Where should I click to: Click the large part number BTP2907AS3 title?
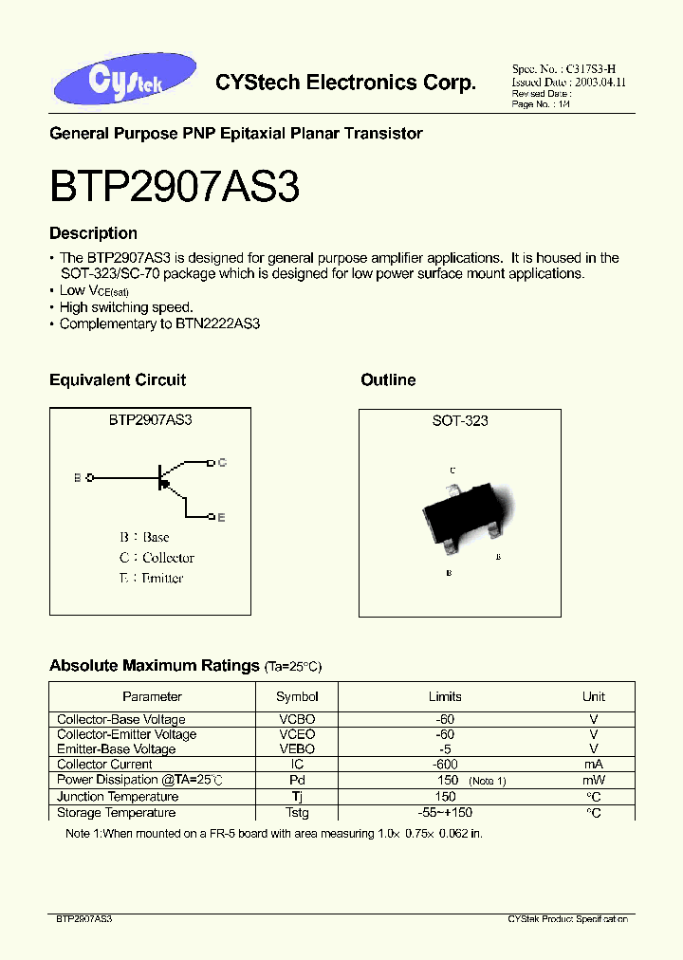coord(175,189)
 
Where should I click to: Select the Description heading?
coord(93,233)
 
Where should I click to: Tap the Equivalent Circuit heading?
coord(118,380)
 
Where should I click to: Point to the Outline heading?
coord(388,380)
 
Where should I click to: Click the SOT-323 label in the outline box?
coord(460,420)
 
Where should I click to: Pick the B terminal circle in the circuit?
coord(90,478)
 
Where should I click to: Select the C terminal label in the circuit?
coord(221,462)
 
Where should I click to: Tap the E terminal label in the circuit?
coord(221,517)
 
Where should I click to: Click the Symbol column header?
coord(297,696)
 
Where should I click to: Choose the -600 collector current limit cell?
coord(445,764)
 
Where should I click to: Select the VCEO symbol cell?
coord(297,734)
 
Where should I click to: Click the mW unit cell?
coord(593,780)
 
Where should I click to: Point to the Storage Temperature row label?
coord(117,813)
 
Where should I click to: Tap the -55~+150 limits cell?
coord(445,813)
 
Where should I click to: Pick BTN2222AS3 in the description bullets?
coord(217,323)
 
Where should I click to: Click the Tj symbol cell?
coord(297,797)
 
